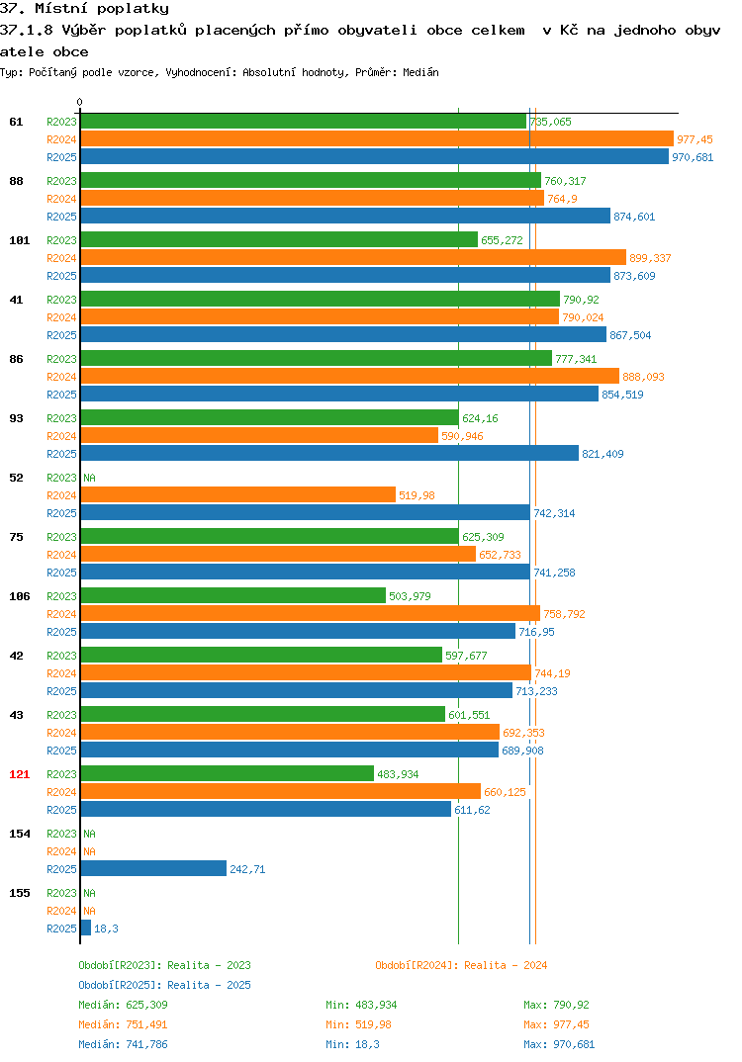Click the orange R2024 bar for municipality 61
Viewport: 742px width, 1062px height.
(378, 138)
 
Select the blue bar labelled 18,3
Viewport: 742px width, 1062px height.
(86, 928)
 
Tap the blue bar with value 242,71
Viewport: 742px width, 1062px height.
(153, 868)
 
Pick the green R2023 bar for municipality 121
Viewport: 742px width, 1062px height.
(228, 773)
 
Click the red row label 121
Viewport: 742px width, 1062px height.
(20, 774)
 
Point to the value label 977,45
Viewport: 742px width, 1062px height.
(695, 139)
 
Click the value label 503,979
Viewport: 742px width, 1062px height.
(410, 596)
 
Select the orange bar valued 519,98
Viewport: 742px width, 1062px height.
(238, 494)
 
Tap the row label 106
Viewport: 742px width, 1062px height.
(20, 596)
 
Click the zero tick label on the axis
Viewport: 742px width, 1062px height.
(80, 102)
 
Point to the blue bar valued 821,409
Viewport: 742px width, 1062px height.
(330, 453)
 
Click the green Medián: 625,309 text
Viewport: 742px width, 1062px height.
(123, 1005)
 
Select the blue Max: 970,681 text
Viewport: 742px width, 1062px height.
(559, 1044)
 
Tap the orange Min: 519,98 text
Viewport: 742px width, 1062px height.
(358, 1024)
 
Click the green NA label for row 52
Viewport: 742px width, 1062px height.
(89, 478)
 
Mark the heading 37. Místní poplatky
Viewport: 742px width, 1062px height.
(85, 9)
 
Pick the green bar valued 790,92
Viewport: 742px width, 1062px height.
(321, 299)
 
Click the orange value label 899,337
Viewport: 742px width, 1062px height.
(650, 258)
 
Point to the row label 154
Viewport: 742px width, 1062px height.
(20, 834)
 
